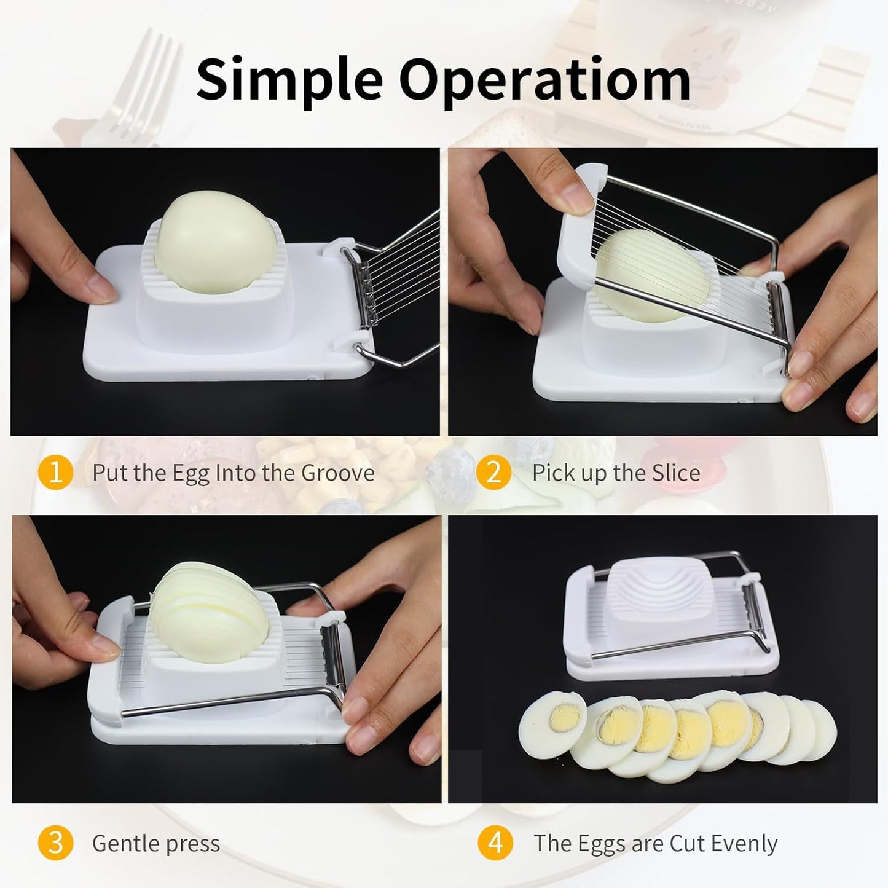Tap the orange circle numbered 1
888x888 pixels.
click(56, 473)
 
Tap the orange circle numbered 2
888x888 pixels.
click(493, 473)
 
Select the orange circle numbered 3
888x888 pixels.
click(56, 843)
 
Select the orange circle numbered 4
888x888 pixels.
click(495, 843)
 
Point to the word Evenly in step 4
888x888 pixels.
click(747, 844)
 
